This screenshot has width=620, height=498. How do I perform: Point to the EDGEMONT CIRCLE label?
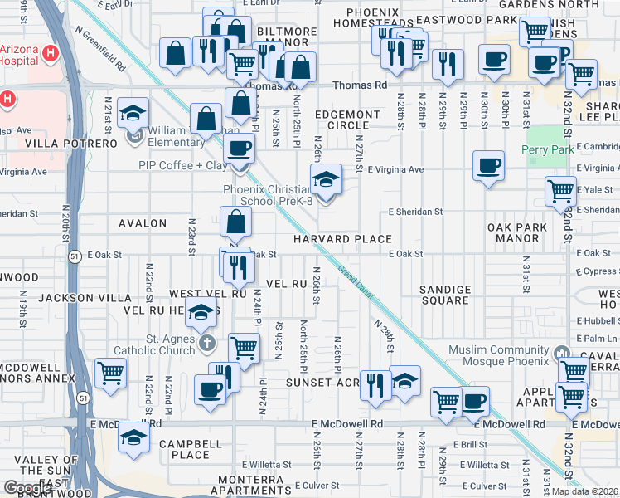[x=347, y=120]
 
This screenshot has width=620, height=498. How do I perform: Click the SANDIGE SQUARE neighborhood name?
[x=445, y=295]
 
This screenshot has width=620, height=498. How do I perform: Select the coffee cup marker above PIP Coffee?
[x=240, y=148]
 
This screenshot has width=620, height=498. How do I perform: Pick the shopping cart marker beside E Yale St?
[x=561, y=190]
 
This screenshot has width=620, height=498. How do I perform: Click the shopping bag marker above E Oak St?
[x=236, y=222]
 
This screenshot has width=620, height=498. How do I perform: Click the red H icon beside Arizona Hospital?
[x=51, y=54]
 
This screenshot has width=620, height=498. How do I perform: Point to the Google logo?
[x=28, y=488]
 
